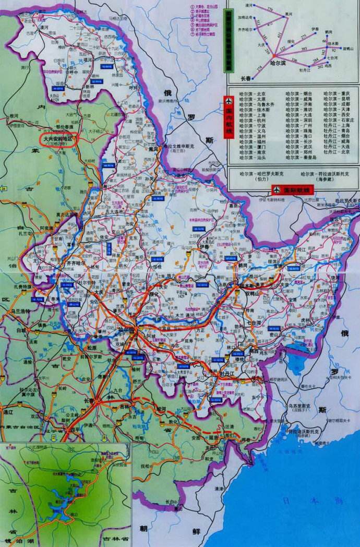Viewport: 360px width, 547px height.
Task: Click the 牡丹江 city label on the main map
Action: click(x=229, y=374)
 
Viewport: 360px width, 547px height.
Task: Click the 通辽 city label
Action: click(x=8, y=412)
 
